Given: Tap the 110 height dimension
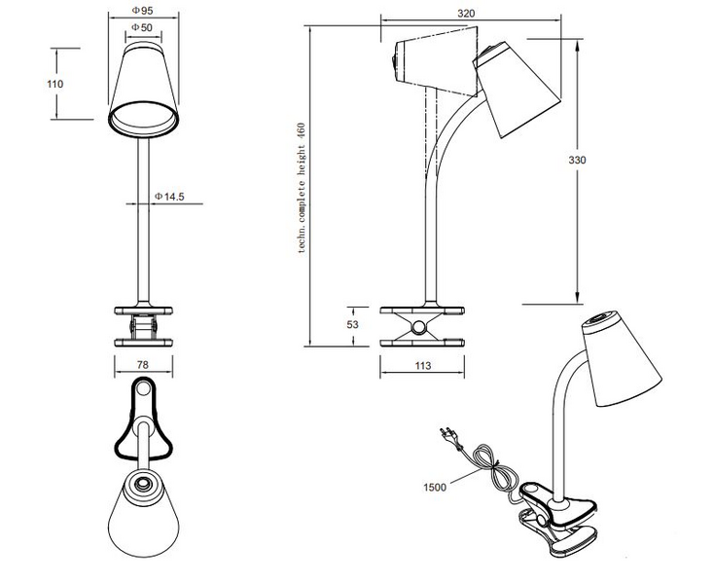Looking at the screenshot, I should [55, 84].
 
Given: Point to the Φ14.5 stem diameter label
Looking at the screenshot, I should [169, 197].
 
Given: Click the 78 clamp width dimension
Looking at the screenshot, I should [144, 366].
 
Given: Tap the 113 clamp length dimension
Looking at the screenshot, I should [422, 367].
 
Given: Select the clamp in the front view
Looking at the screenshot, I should [144, 325].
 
